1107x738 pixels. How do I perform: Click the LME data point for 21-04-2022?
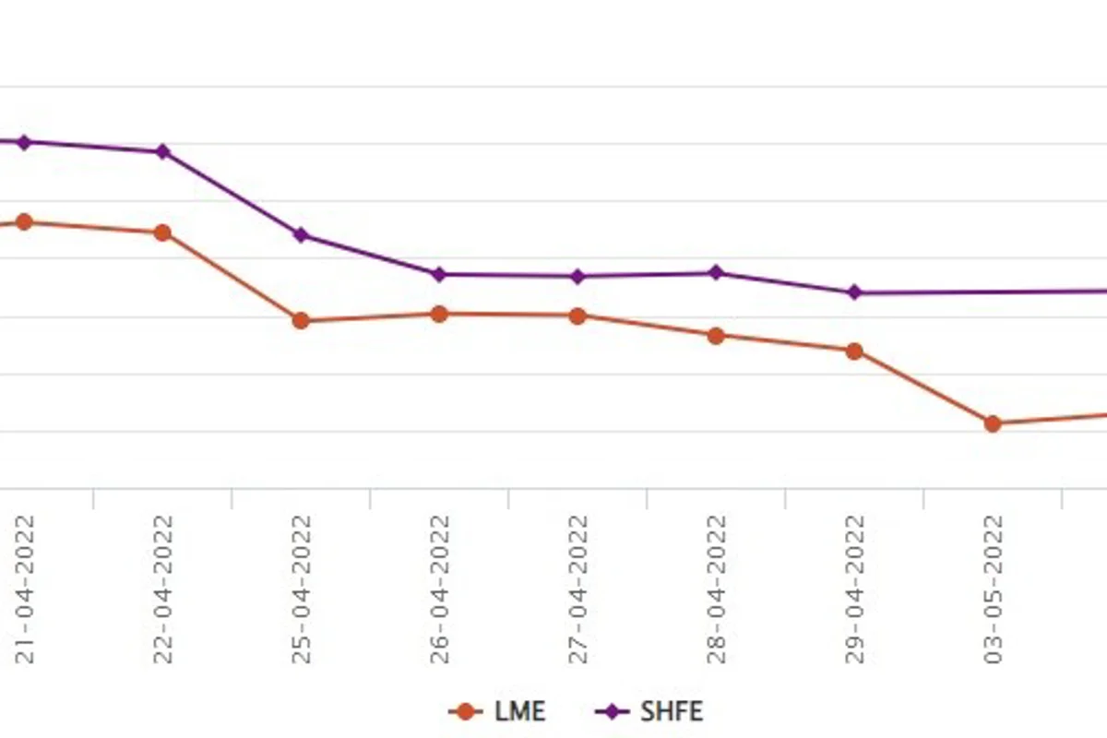24,222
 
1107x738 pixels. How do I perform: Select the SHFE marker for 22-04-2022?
162,152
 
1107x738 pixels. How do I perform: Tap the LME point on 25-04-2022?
301,321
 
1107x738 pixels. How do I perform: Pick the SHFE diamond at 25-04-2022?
301,235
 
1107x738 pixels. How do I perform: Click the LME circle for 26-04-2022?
439,314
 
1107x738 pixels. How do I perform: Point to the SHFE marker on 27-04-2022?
577,277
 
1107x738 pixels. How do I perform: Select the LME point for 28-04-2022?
716,336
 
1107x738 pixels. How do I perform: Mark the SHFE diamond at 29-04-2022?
854,292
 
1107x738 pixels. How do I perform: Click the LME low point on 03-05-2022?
993,423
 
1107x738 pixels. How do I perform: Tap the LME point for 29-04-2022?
854,351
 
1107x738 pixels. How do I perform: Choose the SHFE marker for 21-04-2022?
24,143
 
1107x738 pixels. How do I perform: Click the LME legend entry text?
520,712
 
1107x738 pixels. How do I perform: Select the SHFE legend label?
672,712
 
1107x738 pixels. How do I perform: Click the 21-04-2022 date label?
25,589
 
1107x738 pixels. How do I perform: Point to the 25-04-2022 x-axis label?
302,589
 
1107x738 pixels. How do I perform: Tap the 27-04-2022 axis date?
578,589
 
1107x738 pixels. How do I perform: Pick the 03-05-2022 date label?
994,589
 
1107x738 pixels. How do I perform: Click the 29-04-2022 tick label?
855,589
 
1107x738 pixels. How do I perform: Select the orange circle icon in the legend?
465,712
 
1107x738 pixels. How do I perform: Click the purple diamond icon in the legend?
613,712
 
